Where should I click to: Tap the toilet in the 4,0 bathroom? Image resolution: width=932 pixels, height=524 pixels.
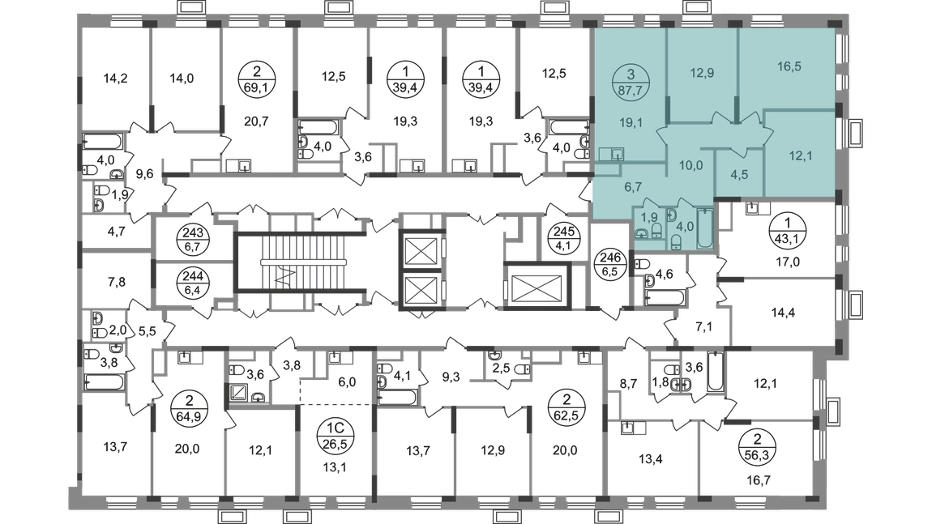[674, 239]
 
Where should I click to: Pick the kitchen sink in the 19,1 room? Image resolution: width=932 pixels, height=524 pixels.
[611, 154]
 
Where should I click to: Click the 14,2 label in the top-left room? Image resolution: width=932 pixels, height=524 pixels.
[117, 79]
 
